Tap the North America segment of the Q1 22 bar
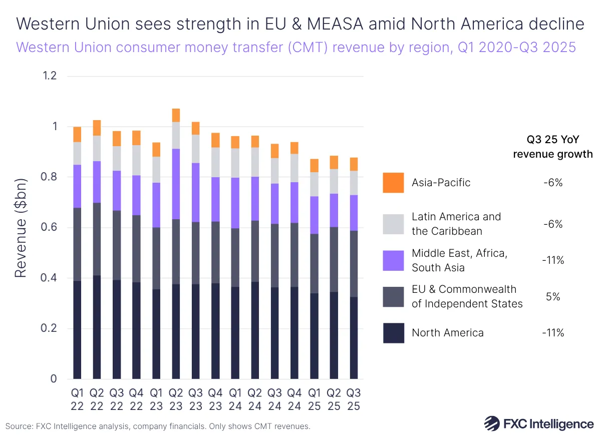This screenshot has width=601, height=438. click(x=77, y=330)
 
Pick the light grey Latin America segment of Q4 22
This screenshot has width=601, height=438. click(x=136, y=160)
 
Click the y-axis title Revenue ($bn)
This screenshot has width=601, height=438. click(x=20, y=228)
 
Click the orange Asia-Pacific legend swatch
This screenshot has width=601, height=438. click(x=393, y=183)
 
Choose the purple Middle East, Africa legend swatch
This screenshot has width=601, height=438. click(x=393, y=261)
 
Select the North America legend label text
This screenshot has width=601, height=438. click(x=447, y=333)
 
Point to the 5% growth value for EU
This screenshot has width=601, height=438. click(x=553, y=297)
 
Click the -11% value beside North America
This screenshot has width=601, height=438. click(x=553, y=333)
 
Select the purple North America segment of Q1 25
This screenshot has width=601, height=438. click(x=314, y=336)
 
